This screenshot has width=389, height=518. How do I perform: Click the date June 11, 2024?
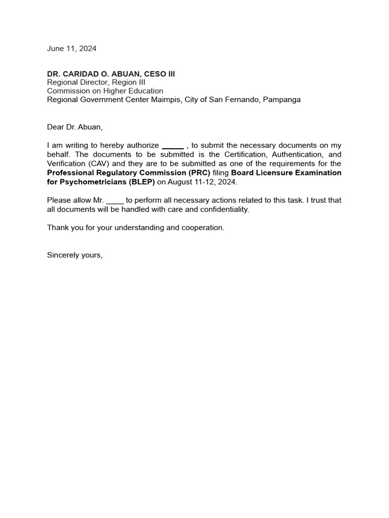tap(71, 49)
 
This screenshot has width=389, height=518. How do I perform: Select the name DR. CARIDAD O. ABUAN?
tap(91, 74)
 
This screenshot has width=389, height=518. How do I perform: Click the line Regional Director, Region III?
tap(96, 82)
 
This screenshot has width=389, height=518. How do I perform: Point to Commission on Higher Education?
tap(105, 91)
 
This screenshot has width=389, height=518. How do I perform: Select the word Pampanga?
tap(282, 100)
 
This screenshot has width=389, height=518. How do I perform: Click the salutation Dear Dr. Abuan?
tap(74, 127)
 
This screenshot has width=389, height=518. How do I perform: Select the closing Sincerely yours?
tap(74, 255)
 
